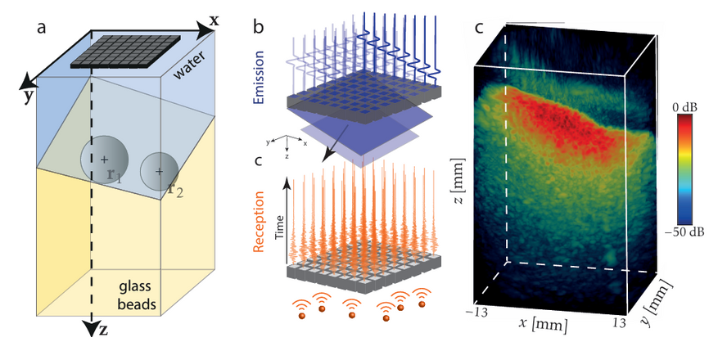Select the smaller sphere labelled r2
(158, 172)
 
